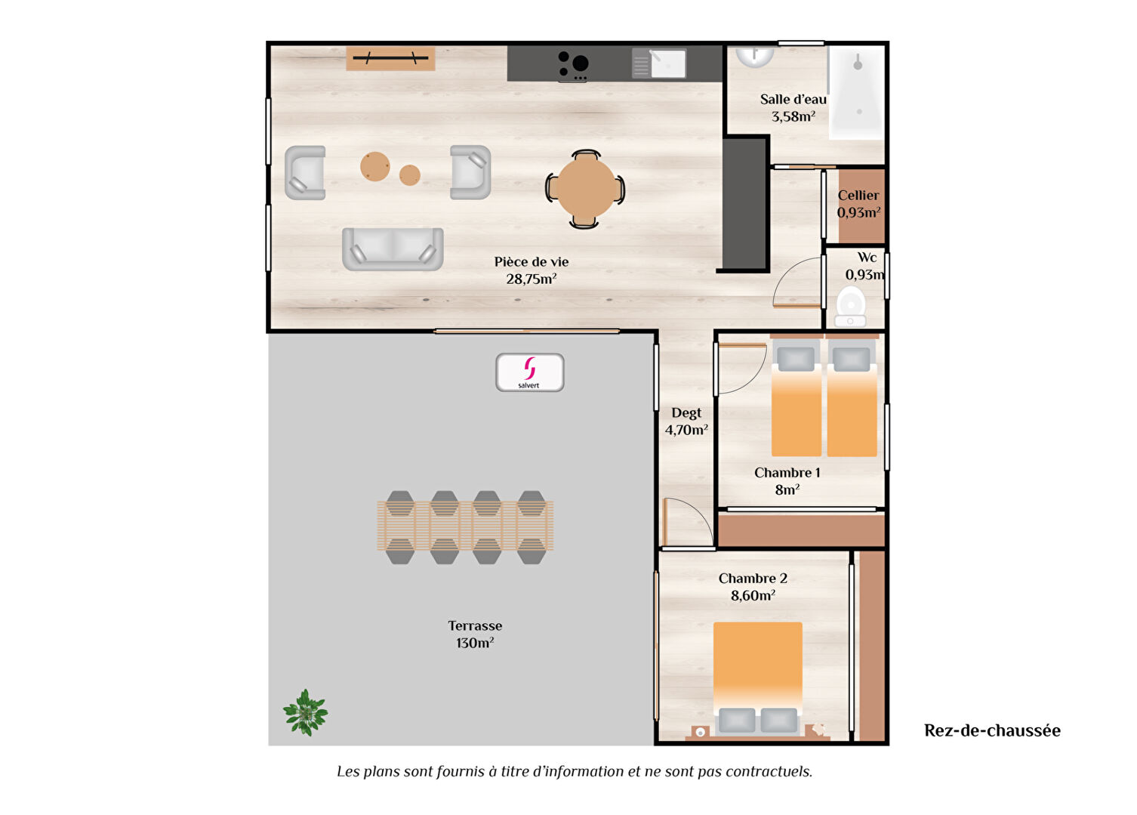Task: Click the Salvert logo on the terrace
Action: tap(529, 372)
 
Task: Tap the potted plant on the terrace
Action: tap(305, 712)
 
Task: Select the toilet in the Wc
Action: tap(851, 306)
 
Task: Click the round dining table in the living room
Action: tap(585, 190)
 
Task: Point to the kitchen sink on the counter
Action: tap(659, 63)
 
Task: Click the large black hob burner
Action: tap(580, 63)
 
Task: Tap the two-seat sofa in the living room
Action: tap(393, 249)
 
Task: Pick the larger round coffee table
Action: tap(375, 167)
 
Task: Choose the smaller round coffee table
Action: tap(410, 175)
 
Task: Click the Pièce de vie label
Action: tap(532, 270)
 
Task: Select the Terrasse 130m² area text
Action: tap(475, 634)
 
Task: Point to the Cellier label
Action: tap(858, 196)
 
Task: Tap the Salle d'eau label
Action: tap(793, 100)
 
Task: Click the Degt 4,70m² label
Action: tap(686, 421)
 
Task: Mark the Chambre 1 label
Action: tap(787, 473)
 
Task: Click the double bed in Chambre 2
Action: tap(758, 678)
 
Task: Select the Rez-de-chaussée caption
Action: tap(992, 730)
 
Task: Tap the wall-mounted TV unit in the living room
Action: tap(390, 58)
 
